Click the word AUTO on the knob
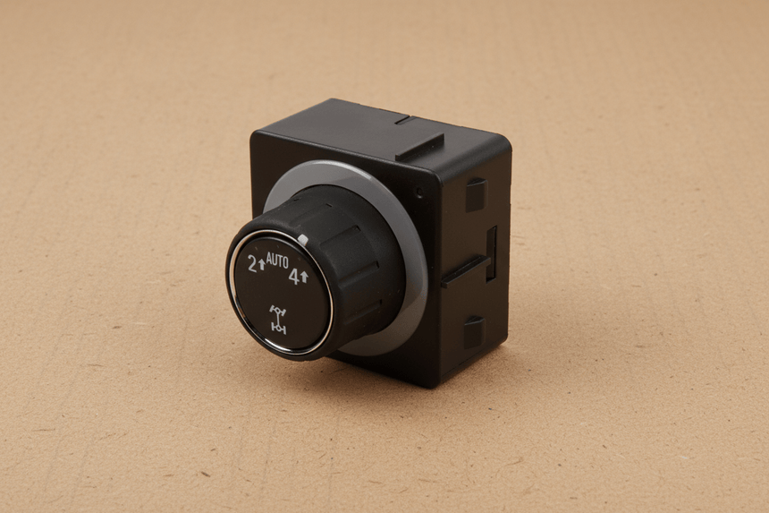(x=277, y=261)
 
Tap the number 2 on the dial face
(x=252, y=264)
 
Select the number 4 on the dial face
(x=294, y=277)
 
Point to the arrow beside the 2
(x=261, y=266)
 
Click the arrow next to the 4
(x=304, y=277)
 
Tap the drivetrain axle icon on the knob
(x=278, y=319)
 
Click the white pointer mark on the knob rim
(x=302, y=240)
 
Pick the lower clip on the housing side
(x=475, y=332)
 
